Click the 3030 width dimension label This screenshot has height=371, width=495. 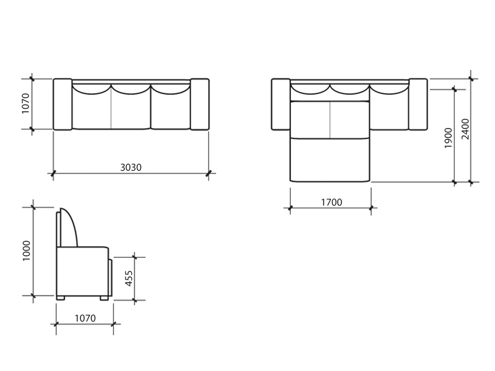click(x=131, y=167)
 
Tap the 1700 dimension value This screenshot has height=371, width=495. click(x=332, y=202)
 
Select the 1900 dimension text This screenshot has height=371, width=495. click(x=448, y=138)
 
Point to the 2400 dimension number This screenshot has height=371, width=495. click(x=465, y=129)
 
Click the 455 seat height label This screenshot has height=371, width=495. click(x=129, y=278)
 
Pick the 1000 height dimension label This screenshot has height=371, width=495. click(x=27, y=251)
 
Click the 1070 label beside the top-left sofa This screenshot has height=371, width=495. click(x=25, y=103)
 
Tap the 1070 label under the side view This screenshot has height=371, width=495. click(x=85, y=318)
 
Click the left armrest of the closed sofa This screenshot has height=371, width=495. click(x=62, y=104)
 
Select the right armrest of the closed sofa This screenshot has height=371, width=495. click(x=199, y=104)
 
